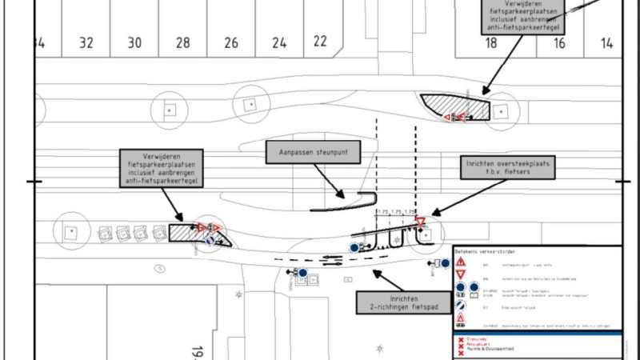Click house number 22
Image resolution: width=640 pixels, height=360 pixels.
[321, 41]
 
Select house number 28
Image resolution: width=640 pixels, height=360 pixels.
[183, 43]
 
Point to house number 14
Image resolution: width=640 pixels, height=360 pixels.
[607, 43]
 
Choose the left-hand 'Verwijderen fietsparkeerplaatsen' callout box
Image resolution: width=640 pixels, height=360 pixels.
[162, 167]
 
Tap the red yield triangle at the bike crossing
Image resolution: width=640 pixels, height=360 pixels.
[420, 222]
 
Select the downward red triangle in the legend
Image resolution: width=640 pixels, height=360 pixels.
[462, 274]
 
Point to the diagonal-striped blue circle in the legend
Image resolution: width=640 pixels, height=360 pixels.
[462, 304]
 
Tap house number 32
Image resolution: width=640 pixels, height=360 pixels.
[87, 43]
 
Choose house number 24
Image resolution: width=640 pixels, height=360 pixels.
[279, 43]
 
